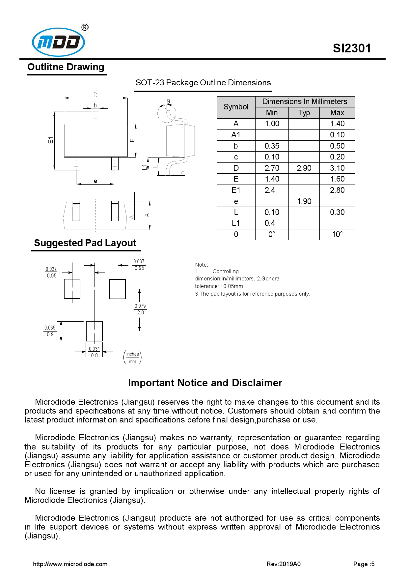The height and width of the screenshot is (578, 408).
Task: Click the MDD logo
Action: (59, 42)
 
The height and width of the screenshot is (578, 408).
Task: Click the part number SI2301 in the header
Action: (351, 48)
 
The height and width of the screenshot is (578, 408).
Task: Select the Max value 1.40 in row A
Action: (337, 124)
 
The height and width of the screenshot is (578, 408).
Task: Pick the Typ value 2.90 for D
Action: (304, 168)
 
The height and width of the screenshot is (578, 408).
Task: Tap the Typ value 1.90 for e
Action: (304, 201)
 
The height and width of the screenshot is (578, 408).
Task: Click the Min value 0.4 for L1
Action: (270, 223)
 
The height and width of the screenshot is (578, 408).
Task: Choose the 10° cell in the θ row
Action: (337, 234)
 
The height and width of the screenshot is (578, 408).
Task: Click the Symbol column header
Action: (236, 107)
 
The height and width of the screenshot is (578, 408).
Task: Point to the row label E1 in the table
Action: (236, 190)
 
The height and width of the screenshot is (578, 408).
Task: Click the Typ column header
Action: (304, 113)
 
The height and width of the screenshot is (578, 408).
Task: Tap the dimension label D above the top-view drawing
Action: (95, 95)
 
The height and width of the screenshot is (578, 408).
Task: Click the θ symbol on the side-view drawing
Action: (168, 101)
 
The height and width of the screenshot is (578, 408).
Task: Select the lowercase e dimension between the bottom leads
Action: (95, 181)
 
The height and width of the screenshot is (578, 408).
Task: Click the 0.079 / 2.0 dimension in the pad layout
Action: (140, 309)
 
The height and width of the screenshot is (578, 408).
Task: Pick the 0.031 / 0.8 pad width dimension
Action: (94, 352)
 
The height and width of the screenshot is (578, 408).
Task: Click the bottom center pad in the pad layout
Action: (94, 331)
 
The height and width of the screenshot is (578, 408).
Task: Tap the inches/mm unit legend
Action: (132, 358)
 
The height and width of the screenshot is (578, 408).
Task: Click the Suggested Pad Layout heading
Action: (85, 243)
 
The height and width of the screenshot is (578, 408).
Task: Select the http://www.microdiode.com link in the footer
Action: (70, 564)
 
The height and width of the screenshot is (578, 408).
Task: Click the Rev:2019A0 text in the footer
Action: (283, 564)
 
